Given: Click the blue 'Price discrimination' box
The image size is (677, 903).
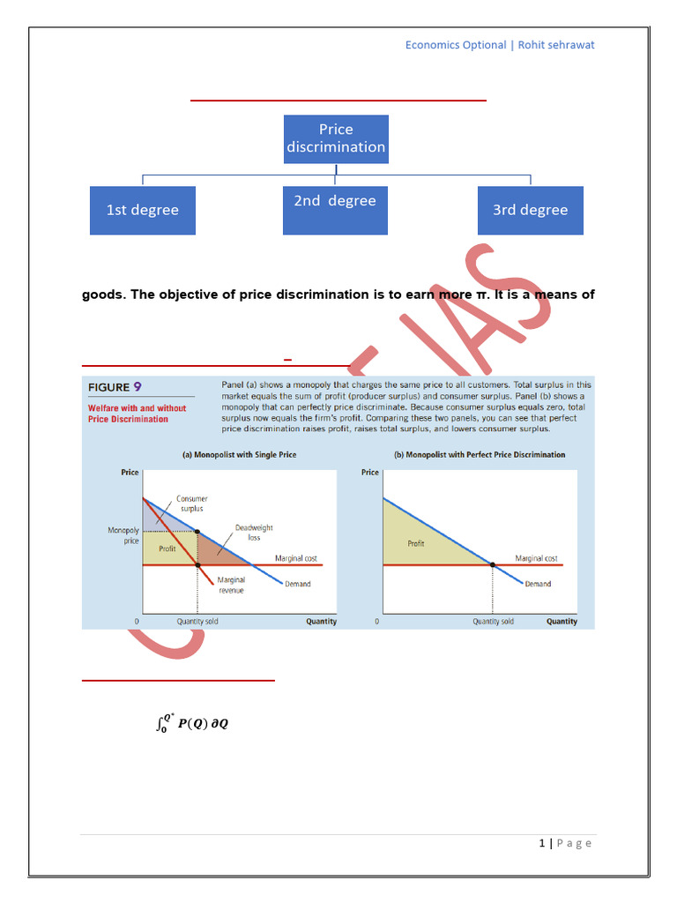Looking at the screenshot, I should coord(336,138).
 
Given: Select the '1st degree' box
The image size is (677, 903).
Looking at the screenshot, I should coord(143,210).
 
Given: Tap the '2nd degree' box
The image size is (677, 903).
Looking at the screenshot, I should coord(335,210).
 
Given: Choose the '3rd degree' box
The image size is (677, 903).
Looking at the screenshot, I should coord(530,210).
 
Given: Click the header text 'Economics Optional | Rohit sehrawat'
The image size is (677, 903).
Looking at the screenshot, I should coord(500,45).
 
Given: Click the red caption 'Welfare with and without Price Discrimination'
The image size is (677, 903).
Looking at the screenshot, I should coord(137,414).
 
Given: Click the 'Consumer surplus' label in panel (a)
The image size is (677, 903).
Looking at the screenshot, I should coord(191,504).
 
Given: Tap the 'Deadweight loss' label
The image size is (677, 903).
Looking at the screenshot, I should coord(248,533).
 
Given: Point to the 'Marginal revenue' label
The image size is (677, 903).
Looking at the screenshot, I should coord(231,586).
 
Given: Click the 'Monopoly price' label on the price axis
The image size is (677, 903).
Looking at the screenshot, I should coord(123,536).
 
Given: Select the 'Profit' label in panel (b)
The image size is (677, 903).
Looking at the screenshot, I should coord(416,544).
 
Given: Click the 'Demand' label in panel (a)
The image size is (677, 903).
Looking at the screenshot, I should coord(298,584).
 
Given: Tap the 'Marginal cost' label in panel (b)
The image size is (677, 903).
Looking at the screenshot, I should coord(536,558).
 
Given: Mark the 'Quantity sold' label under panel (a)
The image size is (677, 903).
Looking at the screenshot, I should coord(197,622).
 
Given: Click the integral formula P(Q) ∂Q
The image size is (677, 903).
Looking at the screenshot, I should coord(191,724).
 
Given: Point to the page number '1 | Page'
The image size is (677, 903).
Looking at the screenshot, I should coord(565,843).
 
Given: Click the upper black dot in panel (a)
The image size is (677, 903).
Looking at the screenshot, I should coord(197,532).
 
